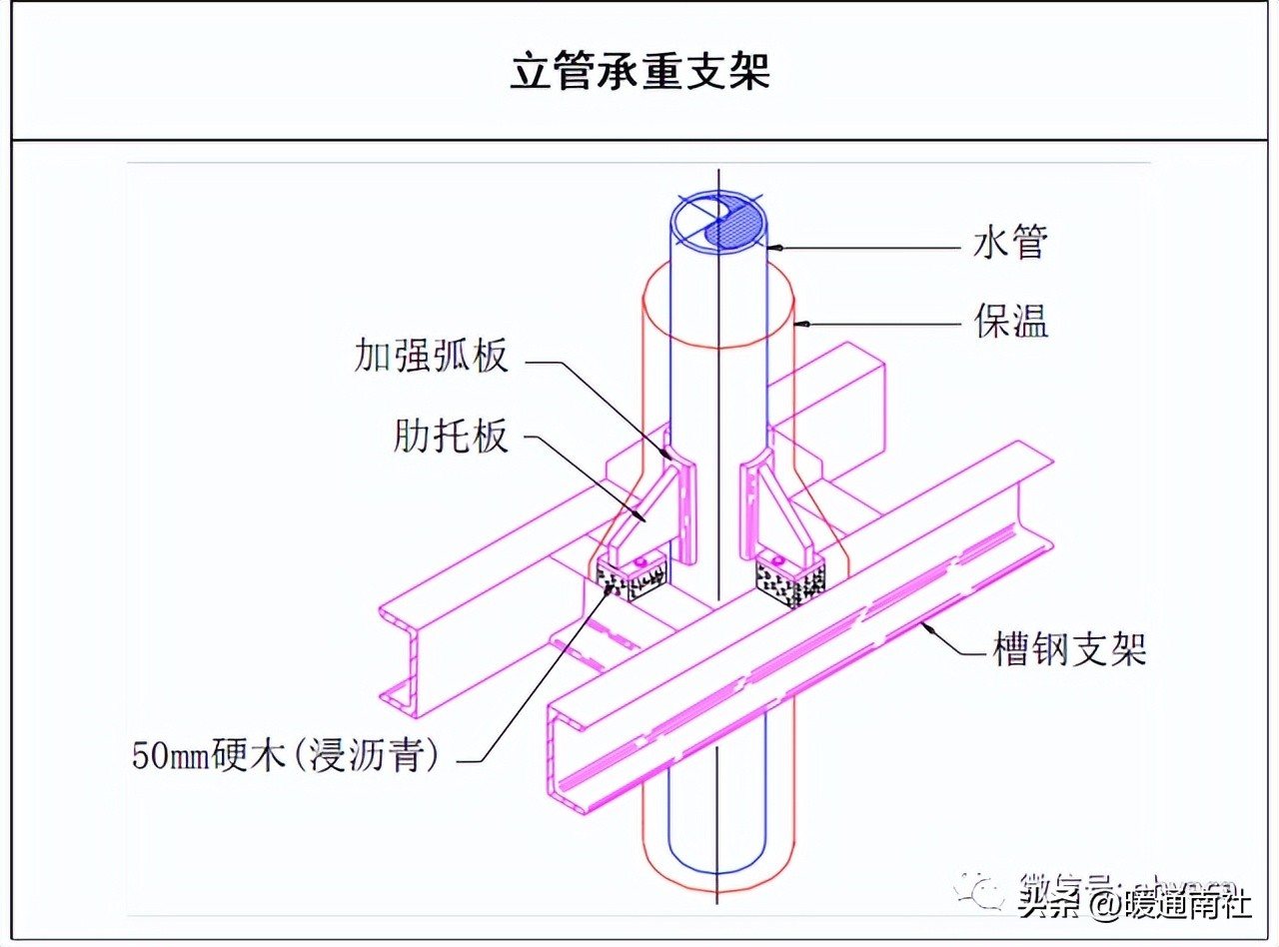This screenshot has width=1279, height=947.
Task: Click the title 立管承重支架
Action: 639,72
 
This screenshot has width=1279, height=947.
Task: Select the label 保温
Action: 1010,323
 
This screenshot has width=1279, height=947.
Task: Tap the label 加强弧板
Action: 431,356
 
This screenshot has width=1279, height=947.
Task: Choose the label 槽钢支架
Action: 1068,650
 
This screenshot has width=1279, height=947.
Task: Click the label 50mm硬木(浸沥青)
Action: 287,754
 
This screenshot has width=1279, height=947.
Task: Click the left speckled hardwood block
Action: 630,579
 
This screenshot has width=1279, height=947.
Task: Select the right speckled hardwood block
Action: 789,579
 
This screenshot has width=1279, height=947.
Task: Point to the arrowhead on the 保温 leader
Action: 800,324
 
